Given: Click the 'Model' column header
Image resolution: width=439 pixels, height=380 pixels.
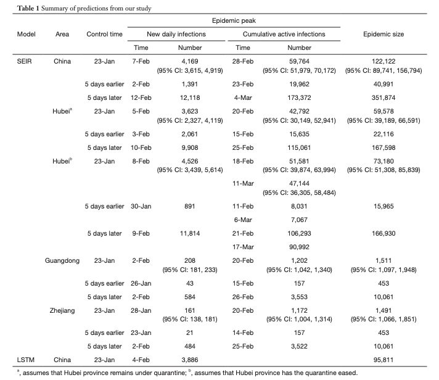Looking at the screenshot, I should tap(25, 34).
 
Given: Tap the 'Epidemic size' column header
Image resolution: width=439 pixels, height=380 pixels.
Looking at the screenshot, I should tap(384, 34).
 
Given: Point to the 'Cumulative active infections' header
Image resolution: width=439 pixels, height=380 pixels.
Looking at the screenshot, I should tap(284, 34).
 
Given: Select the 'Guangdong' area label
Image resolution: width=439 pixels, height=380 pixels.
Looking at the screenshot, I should tap(62, 261).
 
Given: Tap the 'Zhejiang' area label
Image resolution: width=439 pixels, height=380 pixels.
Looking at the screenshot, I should tap(62, 310).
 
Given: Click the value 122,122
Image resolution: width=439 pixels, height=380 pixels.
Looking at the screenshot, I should tap(384, 61).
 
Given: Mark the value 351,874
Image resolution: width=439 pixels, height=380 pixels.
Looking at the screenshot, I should tap(384, 97).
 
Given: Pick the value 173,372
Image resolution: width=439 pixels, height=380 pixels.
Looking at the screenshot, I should tap(299, 97).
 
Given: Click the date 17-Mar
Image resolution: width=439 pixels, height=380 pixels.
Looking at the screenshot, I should tap(243, 246).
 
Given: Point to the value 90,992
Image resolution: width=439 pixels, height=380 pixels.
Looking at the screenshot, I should tap(299, 246).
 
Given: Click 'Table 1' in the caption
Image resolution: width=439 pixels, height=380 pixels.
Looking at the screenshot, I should tap(14, 8).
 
